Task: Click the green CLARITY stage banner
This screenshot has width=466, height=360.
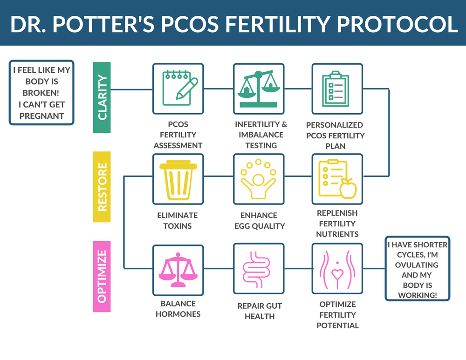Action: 102,97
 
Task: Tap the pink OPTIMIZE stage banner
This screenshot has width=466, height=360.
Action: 102,276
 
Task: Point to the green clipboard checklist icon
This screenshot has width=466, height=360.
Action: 337,88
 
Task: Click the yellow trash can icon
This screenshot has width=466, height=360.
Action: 178,179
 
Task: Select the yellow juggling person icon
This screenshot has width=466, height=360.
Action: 259,179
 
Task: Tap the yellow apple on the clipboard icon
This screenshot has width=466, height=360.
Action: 349,189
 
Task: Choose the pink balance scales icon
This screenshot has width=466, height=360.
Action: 178,270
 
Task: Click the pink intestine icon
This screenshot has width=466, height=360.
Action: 259,270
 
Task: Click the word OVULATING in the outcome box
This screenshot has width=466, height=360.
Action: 416,265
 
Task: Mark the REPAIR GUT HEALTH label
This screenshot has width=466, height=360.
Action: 259,311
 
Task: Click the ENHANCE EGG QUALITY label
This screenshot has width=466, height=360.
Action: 259,220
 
